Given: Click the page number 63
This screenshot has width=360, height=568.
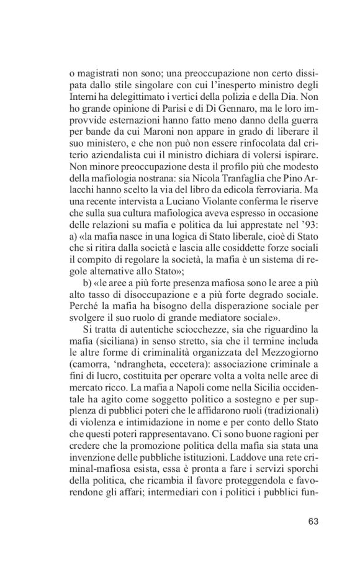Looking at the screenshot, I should (x=312, y=521).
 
